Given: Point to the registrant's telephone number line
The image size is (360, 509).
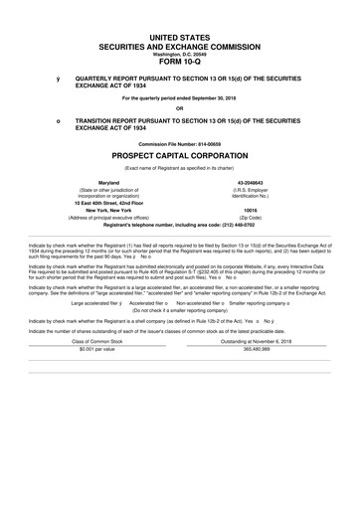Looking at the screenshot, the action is click(180, 226).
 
